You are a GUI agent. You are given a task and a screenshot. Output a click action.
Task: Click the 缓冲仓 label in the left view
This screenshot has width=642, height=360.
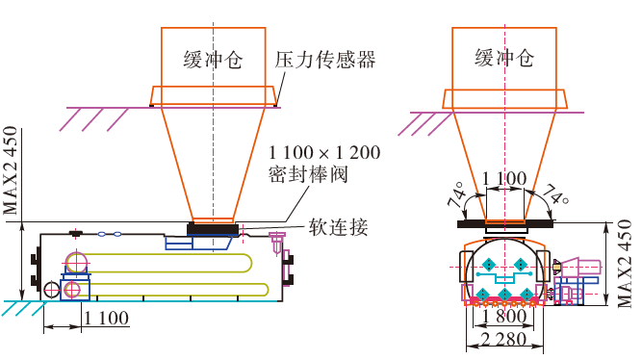tap(213, 60)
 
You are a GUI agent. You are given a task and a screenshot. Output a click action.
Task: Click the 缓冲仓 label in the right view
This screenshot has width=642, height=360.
tap(504, 58)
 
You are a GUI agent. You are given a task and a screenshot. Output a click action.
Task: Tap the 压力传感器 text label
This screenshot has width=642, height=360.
tap(324, 60)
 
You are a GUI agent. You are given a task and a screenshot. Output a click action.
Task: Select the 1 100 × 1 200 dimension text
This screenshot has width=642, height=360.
tap(324, 153)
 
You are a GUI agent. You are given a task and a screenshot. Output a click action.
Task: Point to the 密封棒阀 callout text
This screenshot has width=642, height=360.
tap(308, 174)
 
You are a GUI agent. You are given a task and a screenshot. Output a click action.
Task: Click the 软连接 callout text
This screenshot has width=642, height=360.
tap(338, 227)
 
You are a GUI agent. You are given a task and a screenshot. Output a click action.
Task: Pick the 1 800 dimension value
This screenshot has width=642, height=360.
tap(504, 316)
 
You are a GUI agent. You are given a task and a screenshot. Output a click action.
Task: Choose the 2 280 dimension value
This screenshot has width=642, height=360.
tap(504, 339)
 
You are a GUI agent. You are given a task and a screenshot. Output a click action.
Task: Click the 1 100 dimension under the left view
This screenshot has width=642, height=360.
tap(107, 318)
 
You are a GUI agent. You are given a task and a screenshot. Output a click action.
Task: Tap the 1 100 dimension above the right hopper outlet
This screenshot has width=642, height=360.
tap(504, 179)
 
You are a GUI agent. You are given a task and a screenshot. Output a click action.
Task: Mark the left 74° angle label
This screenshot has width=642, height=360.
tap(457, 194)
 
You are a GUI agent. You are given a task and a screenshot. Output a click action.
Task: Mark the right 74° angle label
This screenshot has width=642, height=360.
tap(554, 194)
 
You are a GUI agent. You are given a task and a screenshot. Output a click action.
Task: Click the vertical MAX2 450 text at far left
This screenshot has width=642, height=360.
tap(11, 170)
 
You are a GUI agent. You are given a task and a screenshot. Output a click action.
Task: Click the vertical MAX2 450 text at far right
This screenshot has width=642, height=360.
tap(625, 264)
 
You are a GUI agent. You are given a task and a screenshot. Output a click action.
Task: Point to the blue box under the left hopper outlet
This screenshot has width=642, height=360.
tap(179, 243)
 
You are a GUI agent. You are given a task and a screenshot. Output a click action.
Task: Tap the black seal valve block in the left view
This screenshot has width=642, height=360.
tap(213, 228)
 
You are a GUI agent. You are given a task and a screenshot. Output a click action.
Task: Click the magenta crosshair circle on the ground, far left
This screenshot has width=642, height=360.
tap(52, 289)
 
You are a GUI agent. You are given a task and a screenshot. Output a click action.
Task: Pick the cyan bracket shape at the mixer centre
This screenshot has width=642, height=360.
tap(504, 276)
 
